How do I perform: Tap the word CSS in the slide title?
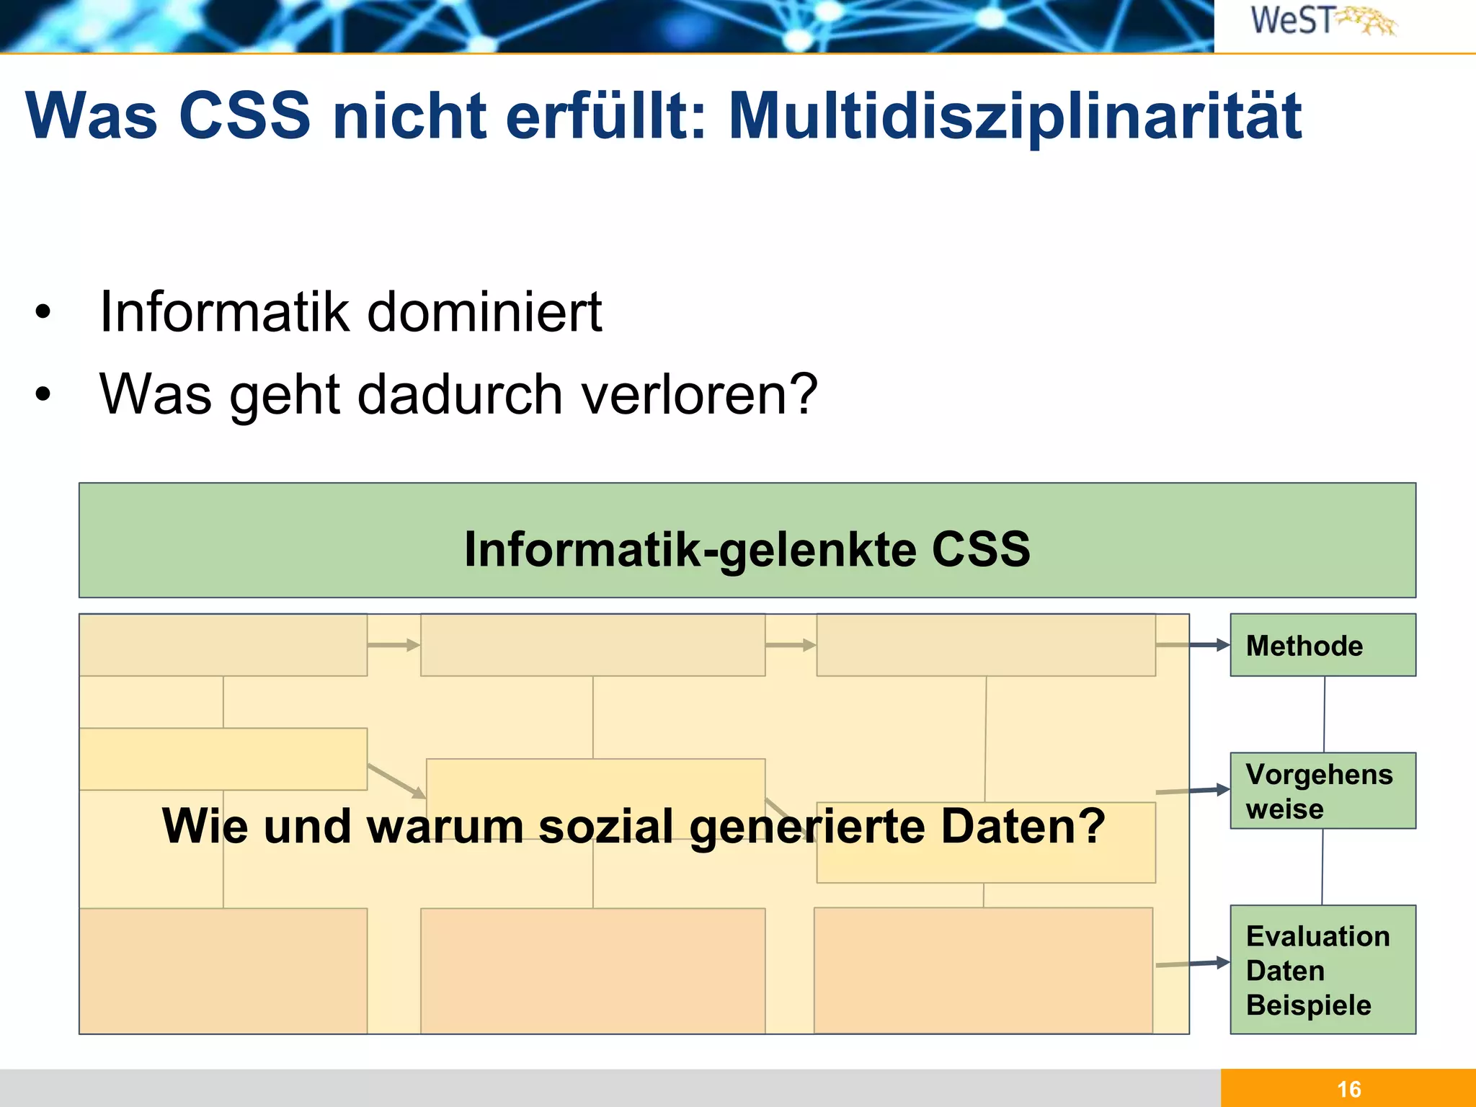click(244, 115)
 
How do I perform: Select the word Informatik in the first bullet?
click(223, 311)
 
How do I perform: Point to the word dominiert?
click(484, 311)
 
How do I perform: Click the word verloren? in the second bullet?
click(699, 394)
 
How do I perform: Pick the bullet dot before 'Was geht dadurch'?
click(43, 394)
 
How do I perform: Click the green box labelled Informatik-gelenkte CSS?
click(747, 541)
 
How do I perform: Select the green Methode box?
click(1322, 645)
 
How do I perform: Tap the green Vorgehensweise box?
click(1322, 791)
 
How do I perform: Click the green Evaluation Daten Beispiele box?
click(1322, 969)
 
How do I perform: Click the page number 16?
click(1348, 1088)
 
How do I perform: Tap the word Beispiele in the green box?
click(1308, 1005)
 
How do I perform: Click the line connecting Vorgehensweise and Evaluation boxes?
click(1322, 867)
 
